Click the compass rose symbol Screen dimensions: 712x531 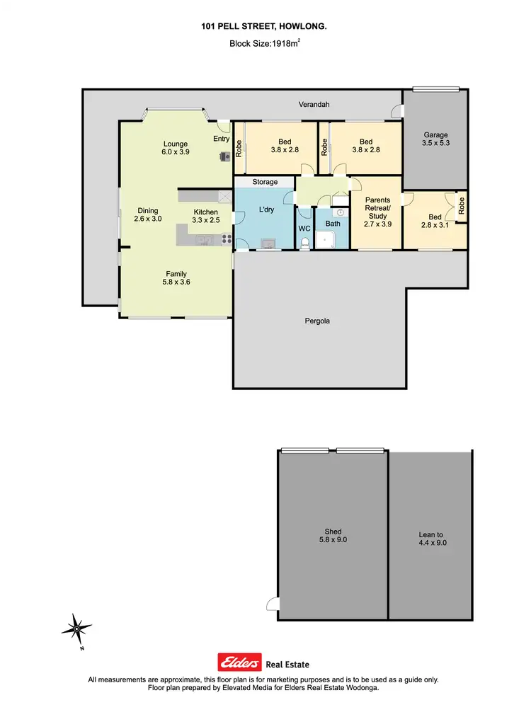pyautogui.click(x=77, y=628)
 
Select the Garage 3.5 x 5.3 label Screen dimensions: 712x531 pyautogui.click(x=435, y=139)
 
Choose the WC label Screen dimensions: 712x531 pyautogui.click(x=304, y=229)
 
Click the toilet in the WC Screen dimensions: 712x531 pyautogui.click(x=305, y=243)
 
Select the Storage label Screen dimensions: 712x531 pyautogui.click(x=265, y=183)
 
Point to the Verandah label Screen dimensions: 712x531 pyautogui.click(x=314, y=105)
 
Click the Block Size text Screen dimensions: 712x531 pyautogui.click(x=266, y=43)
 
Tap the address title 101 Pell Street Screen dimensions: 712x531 pyautogui.click(x=265, y=25)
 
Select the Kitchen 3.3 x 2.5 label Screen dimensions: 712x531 pyautogui.click(x=206, y=216)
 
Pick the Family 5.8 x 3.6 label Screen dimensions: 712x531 pyautogui.click(x=177, y=278)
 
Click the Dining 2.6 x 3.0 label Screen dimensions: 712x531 pyautogui.click(x=148, y=214)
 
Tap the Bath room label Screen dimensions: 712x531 pyautogui.click(x=332, y=224)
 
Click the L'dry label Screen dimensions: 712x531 pyautogui.click(x=266, y=210)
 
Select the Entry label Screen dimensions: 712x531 pyautogui.click(x=222, y=139)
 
